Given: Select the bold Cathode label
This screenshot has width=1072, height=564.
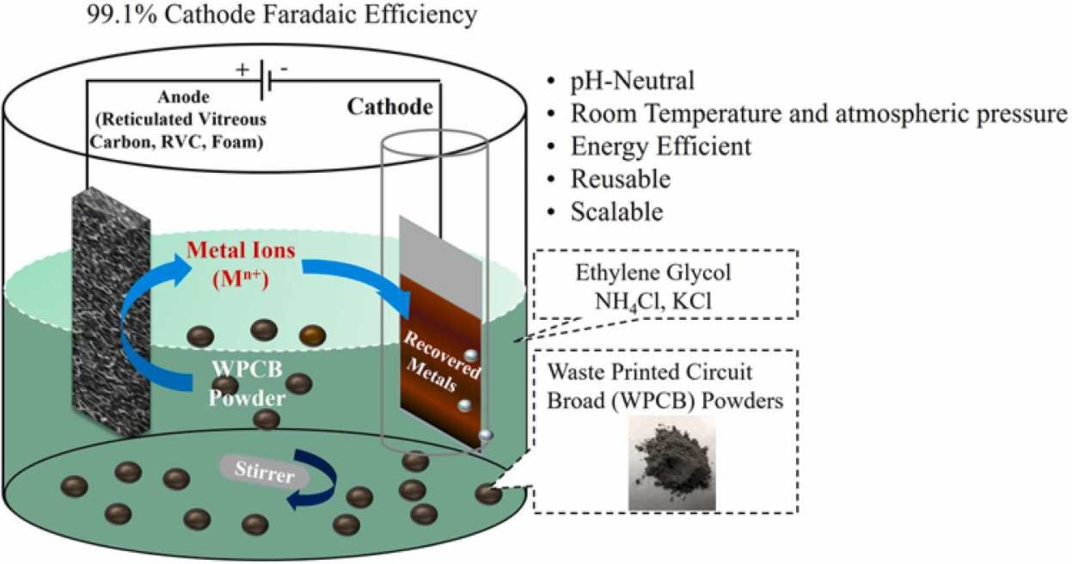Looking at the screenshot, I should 390,106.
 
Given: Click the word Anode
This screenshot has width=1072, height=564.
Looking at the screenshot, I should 183,97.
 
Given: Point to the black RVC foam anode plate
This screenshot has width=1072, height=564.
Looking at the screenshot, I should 111,312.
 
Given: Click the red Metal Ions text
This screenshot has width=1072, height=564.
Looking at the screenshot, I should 241,250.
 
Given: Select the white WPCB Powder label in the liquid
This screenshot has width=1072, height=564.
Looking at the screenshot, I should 247,383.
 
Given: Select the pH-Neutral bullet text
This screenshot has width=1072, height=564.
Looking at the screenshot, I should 631,81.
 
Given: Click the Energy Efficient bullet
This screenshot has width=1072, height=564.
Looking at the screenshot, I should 660,146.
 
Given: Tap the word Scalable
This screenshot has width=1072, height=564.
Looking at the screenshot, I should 616,212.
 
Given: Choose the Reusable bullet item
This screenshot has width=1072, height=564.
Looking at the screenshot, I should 620,179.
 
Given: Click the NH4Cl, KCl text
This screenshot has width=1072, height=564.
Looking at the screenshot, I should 652,300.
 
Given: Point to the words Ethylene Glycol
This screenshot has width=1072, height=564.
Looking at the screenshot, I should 653,272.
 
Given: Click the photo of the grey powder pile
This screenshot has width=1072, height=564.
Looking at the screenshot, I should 672,463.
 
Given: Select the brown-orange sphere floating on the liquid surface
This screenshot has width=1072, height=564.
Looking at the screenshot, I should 312,335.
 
